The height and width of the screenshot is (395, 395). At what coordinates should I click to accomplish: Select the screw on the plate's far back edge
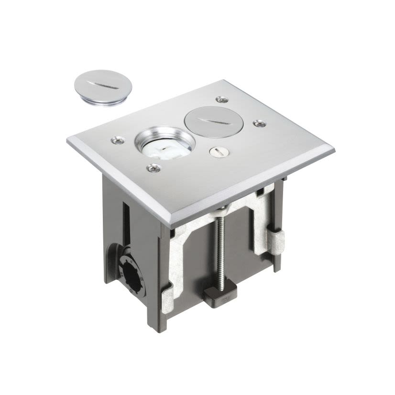coord(221,99)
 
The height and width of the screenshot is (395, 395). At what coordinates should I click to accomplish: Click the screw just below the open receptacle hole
coord(153,167)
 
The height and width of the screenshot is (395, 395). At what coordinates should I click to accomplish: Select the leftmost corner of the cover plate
coord(68,140)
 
